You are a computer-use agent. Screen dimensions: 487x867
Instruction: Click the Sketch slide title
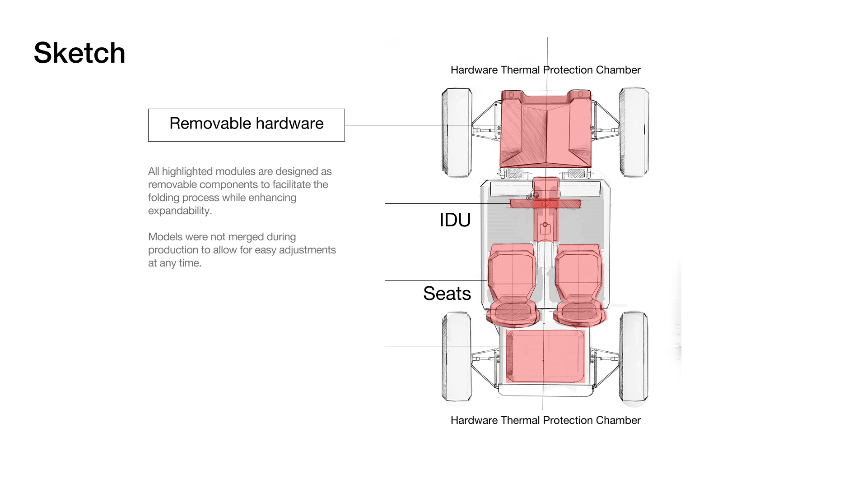click(x=79, y=53)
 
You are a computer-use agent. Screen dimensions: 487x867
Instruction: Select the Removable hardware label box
click(x=246, y=125)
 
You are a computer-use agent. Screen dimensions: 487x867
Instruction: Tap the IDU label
click(x=455, y=220)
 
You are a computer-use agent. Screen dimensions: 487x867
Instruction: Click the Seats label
click(x=447, y=294)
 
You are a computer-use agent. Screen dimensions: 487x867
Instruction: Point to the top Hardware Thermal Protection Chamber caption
click(x=545, y=70)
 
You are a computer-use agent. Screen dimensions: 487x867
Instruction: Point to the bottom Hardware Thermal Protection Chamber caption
click(x=545, y=420)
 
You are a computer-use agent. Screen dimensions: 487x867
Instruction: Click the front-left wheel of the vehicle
click(x=457, y=132)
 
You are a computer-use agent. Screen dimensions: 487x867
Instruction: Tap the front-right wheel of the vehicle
click(x=634, y=132)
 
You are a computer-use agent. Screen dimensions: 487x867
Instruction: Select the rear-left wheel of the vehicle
click(x=457, y=356)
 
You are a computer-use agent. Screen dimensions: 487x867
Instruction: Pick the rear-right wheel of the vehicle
click(x=634, y=356)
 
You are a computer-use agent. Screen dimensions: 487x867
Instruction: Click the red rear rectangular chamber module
click(x=545, y=356)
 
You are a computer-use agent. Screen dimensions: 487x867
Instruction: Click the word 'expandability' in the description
click(x=179, y=211)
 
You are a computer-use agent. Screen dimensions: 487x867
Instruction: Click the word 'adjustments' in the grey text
click(x=307, y=250)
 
